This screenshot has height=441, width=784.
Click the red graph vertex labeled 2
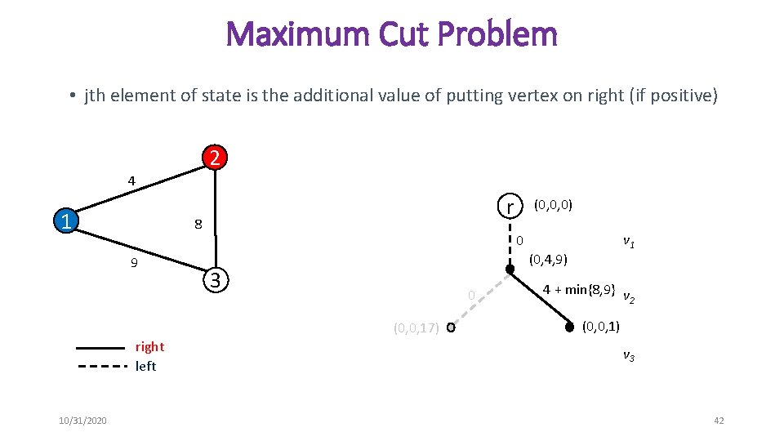(213, 158)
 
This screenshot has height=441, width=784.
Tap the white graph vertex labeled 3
(214, 280)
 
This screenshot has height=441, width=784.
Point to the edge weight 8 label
(198, 225)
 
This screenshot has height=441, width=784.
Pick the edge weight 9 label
(134, 264)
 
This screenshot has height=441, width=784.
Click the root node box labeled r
(510, 207)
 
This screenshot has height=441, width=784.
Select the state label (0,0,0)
(553, 204)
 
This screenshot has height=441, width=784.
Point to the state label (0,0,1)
(600, 327)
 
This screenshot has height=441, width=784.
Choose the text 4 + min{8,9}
(579, 289)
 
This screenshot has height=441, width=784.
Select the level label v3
(629, 355)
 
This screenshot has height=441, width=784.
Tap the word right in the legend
(149, 346)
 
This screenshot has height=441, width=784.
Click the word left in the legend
(145, 366)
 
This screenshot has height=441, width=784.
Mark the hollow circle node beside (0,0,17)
(451, 328)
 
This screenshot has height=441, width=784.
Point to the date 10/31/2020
(82, 421)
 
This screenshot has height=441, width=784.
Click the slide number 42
(719, 421)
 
